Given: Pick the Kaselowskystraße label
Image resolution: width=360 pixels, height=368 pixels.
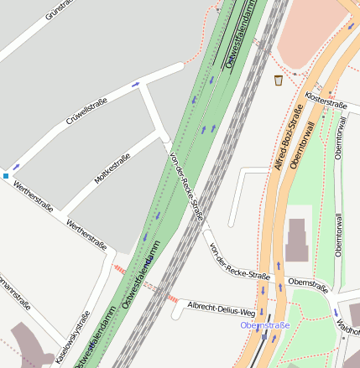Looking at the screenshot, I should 73,338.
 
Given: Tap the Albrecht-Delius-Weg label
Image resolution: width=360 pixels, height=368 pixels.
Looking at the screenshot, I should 221,307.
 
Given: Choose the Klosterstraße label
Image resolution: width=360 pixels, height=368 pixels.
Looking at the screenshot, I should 326,101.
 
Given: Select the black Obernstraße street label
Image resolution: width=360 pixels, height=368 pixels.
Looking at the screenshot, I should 307,284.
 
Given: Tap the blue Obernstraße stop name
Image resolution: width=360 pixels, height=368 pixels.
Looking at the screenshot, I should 264,324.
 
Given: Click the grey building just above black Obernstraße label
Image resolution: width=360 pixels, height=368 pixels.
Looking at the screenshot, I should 297,241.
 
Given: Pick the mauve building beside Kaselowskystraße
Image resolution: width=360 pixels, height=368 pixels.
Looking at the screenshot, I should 29,345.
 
